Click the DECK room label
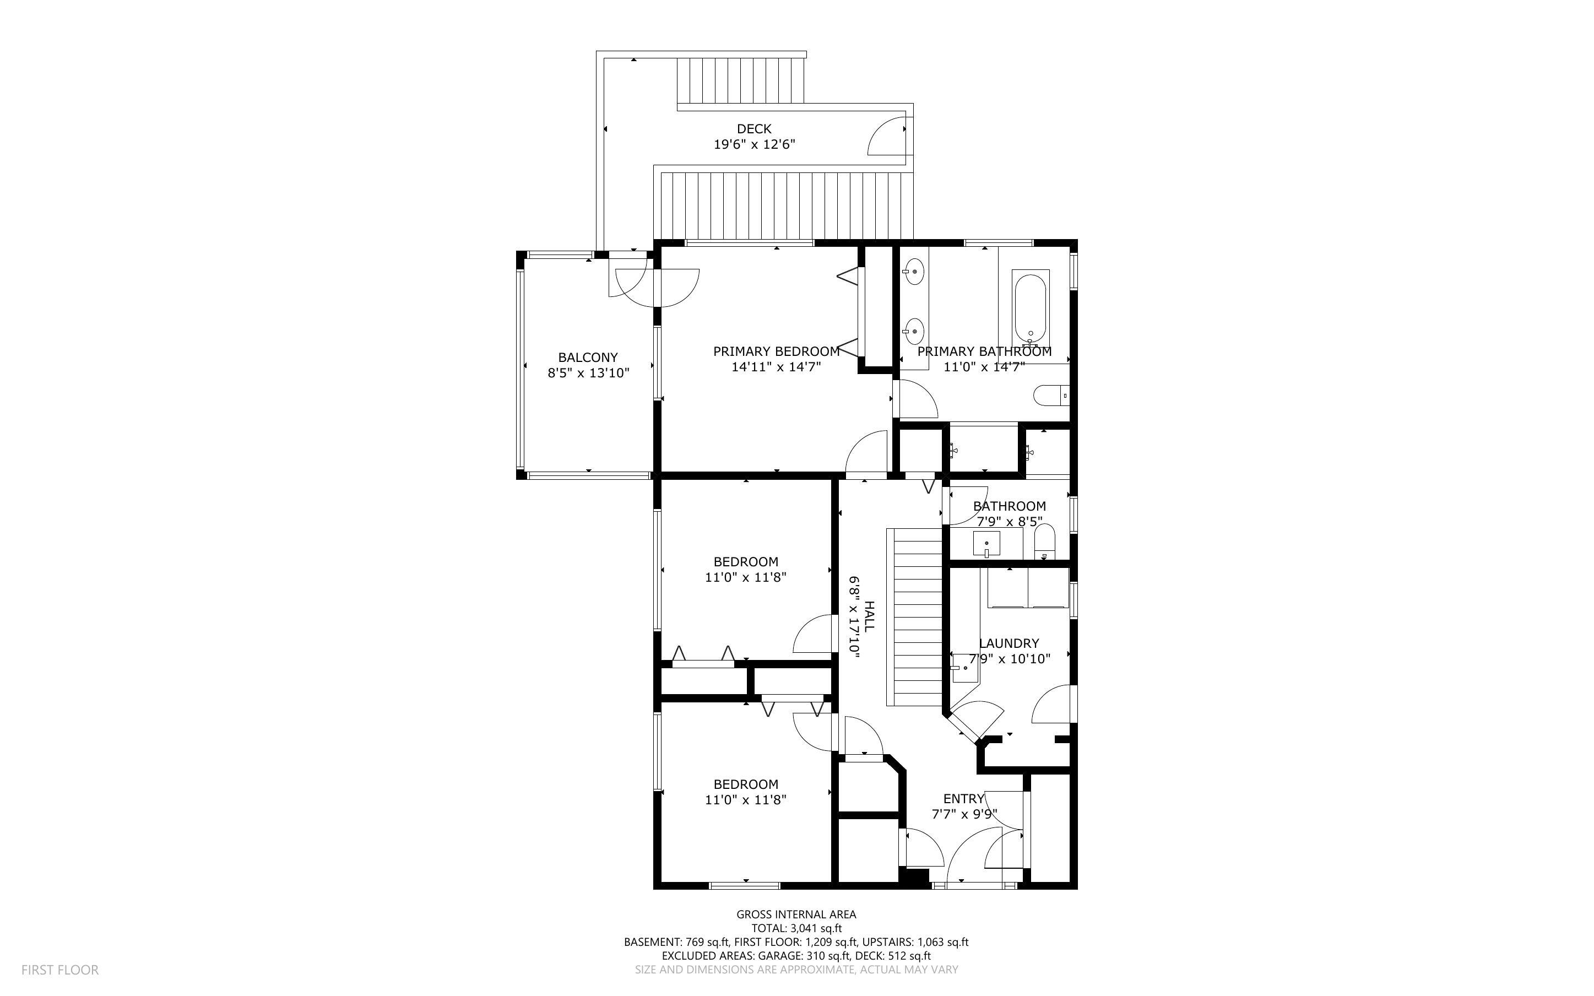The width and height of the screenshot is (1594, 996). (x=754, y=129)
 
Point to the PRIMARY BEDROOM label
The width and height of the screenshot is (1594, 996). (x=776, y=352)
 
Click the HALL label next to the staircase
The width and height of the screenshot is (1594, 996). (x=869, y=616)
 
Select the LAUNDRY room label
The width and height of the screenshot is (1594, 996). (x=1009, y=643)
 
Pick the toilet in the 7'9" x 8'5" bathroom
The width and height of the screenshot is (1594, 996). (x=1044, y=542)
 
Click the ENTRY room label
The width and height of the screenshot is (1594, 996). (x=963, y=798)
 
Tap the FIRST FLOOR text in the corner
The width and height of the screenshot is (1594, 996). (x=60, y=970)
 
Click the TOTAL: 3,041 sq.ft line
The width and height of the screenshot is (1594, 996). (x=796, y=928)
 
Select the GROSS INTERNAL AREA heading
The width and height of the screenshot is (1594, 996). (x=796, y=914)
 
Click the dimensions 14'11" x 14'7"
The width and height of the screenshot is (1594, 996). (x=776, y=367)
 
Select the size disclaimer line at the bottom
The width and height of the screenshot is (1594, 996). (x=796, y=970)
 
